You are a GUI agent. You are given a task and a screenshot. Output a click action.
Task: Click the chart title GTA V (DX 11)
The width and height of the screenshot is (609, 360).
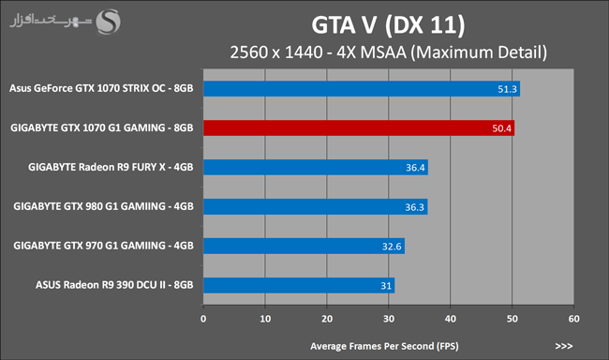(388, 25)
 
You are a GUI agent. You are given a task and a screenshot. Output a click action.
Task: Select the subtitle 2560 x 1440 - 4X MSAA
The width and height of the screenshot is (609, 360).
(319, 52)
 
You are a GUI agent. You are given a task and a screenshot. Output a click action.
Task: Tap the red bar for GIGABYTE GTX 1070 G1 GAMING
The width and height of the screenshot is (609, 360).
(359, 127)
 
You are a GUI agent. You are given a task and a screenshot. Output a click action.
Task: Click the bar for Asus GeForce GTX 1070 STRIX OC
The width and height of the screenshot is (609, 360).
(362, 89)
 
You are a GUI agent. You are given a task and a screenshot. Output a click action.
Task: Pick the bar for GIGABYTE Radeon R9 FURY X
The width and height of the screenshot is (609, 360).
(316, 167)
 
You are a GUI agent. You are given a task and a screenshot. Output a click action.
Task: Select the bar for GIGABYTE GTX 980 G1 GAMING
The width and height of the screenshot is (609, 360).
(316, 207)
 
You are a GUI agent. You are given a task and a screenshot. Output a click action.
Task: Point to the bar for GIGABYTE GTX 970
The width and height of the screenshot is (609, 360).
(304, 246)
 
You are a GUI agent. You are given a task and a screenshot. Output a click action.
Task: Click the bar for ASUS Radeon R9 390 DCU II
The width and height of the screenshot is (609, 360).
(299, 285)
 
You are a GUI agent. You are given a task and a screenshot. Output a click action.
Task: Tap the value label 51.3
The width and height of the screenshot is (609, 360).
(507, 89)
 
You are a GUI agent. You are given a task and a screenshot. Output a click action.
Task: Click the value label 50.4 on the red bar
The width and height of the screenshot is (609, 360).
(501, 128)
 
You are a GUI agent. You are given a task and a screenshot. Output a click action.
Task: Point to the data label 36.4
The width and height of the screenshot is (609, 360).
(415, 168)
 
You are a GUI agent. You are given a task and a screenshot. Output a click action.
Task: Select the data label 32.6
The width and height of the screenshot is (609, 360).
(392, 247)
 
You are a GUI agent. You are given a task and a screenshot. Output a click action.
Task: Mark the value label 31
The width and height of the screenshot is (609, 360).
(386, 286)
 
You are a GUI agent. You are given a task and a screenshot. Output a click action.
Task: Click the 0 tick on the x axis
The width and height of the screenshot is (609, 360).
(203, 319)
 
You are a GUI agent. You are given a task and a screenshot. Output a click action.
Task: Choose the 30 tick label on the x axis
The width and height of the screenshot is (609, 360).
(389, 319)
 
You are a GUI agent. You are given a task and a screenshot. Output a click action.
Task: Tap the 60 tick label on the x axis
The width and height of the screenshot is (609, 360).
(574, 319)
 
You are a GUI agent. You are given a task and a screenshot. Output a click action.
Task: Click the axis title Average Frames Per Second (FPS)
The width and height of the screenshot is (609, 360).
(384, 346)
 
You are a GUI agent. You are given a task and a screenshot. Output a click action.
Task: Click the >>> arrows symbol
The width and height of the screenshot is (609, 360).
(563, 346)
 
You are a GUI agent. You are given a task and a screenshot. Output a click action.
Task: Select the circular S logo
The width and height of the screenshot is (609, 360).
(109, 22)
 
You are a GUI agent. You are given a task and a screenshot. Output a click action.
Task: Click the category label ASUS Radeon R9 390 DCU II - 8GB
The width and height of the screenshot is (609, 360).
(114, 285)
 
